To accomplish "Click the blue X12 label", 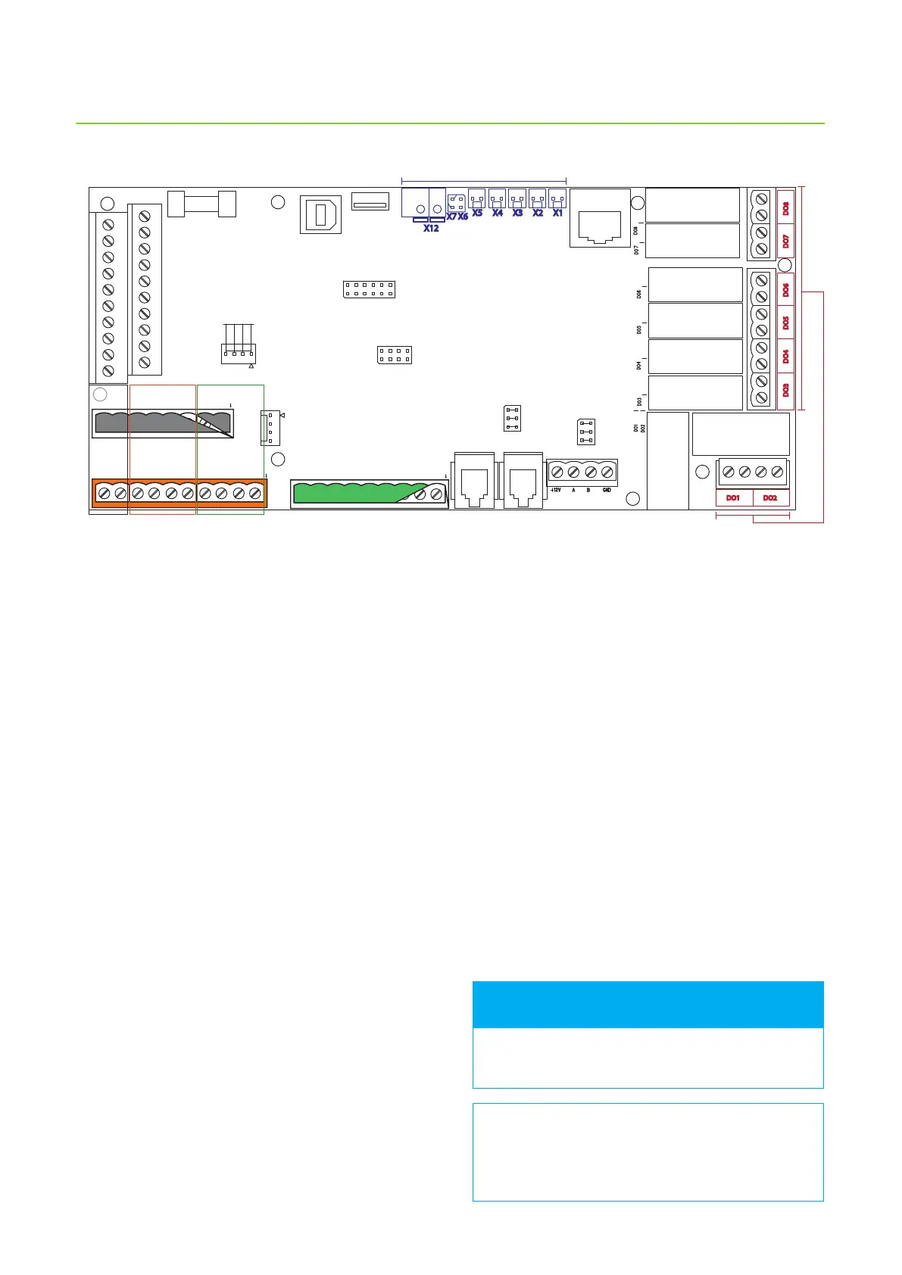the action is pyautogui.click(x=431, y=228).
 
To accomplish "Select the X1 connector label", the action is pyautogui.click(x=557, y=213).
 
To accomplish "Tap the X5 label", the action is pyautogui.click(x=477, y=213).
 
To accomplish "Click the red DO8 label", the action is pyautogui.click(x=785, y=207).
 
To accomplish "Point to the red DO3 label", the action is pyautogui.click(x=785, y=390).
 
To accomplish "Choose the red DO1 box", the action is pyautogui.click(x=733, y=498).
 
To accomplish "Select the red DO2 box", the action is pyautogui.click(x=770, y=498).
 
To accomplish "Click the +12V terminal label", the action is pyautogui.click(x=555, y=490).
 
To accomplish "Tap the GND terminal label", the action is pyautogui.click(x=607, y=490).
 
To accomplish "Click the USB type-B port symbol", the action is pyautogui.click(x=320, y=214).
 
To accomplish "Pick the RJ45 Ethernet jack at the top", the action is pyautogui.click(x=600, y=219).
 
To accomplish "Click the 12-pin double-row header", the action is pyautogui.click(x=369, y=289).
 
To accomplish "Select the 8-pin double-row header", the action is pyautogui.click(x=394, y=354).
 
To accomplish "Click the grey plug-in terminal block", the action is pyautogui.click(x=162, y=423).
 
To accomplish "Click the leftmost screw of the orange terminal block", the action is pyautogui.click(x=103, y=493).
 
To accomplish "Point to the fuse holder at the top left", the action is pyautogui.click(x=201, y=204).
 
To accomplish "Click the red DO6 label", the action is pyautogui.click(x=785, y=289).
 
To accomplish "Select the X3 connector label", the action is pyautogui.click(x=517, y=213).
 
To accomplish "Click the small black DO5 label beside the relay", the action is pyautogui.click(x=639, y=329).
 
